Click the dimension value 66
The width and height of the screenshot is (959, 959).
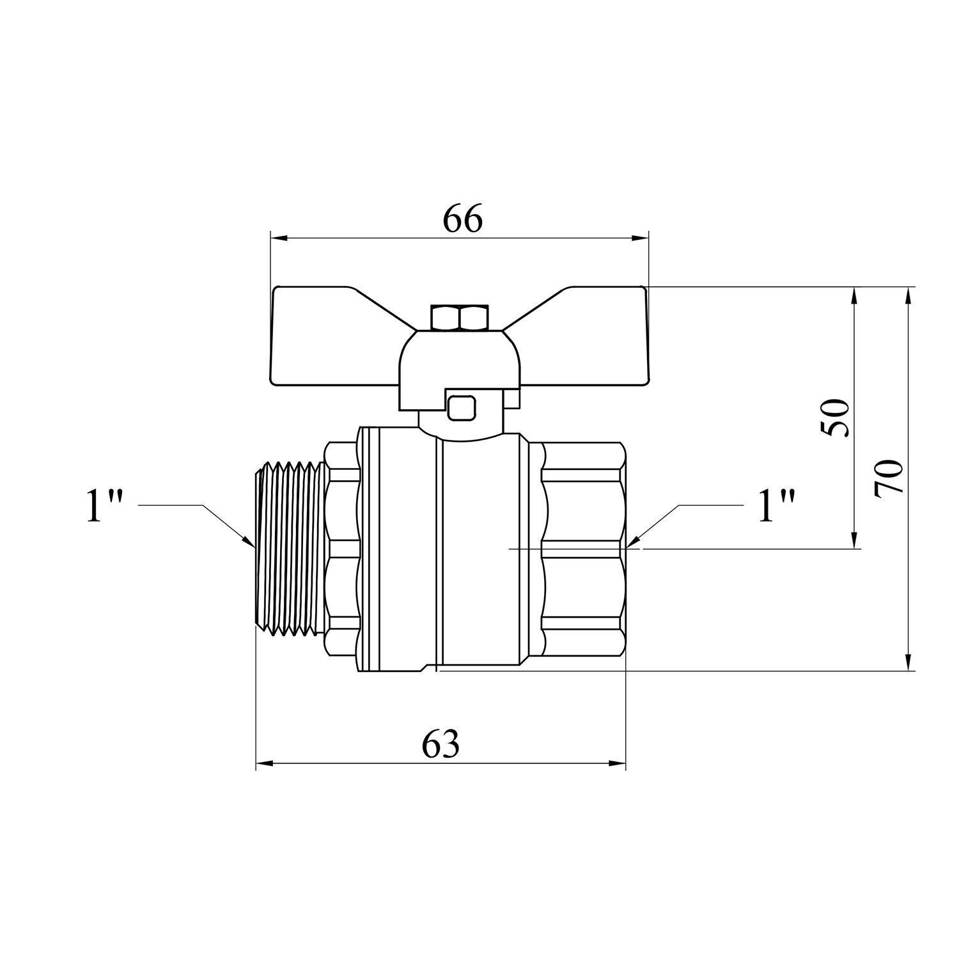463,220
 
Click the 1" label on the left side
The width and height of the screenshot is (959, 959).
104,506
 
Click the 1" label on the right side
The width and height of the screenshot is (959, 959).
776,506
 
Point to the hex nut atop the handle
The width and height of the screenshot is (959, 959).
460,318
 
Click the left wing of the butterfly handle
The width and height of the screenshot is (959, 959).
339,337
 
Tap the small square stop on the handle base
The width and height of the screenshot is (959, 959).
462,408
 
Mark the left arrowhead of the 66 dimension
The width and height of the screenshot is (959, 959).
280,238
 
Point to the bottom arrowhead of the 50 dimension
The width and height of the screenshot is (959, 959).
854,540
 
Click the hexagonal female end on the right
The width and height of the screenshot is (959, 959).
584,549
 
